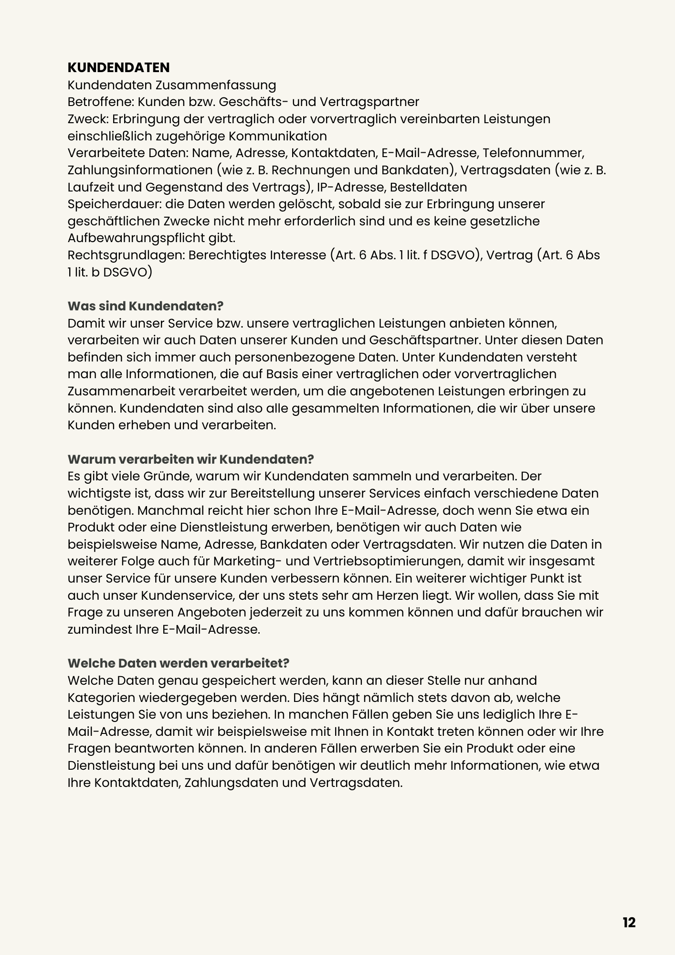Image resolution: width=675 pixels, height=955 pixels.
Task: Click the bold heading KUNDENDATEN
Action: coord(118,67)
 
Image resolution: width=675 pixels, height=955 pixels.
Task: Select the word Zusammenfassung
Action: coord(216,85)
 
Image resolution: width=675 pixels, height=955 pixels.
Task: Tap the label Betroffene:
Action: coord(97,102)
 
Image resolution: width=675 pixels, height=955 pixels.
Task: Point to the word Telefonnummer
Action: coord(533,153)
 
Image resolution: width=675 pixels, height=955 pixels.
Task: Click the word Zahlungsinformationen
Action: coord(140,170)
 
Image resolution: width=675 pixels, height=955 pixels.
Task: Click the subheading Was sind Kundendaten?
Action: coord(146,306)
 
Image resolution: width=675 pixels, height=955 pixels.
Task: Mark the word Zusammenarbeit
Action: coord(122,391)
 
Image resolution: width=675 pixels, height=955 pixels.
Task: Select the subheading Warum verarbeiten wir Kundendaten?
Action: coord(190,459)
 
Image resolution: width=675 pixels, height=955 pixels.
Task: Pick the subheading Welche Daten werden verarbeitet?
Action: coord(179,663)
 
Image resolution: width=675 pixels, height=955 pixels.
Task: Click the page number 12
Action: coord(629,923)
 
